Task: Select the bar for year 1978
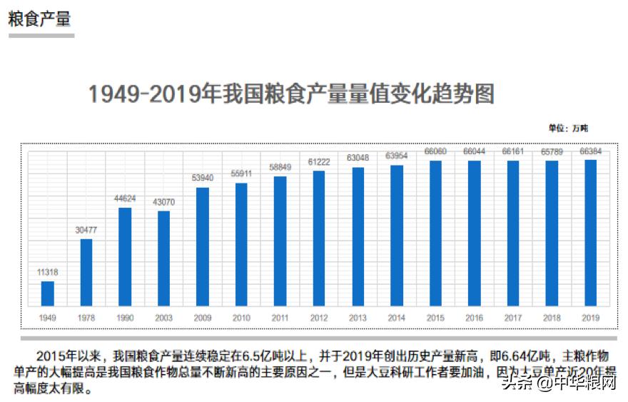point(86,273)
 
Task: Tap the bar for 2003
point(164,259)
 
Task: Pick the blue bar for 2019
point(590,233)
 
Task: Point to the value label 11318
point(48,272)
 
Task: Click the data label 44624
point(125,199)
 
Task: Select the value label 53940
point(203,179)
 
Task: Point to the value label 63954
point(397,156)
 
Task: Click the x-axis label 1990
point(125,317)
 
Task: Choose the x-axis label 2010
point(241,317)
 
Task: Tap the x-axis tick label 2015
point(435,317)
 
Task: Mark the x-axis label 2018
point(552,317)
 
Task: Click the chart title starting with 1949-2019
point(290,94)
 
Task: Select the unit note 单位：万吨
point(567,129)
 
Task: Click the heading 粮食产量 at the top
point(39,19)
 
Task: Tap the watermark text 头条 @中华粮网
point(559,384)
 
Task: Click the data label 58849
point(280,167)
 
